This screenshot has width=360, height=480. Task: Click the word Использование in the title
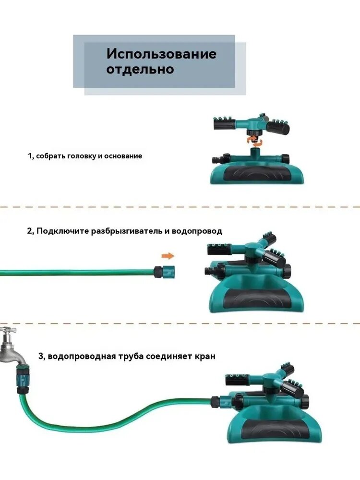tap(161, 54)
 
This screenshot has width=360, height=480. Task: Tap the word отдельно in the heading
tap(140, 69)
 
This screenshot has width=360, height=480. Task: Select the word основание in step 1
tap(123, 156)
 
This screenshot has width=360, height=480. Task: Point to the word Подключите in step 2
tap(63, 231)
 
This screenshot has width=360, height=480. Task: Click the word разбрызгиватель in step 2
tap(127, 231)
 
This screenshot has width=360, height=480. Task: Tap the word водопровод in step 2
tap(197, 231)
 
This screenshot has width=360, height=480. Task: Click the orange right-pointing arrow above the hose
tap(168, 256)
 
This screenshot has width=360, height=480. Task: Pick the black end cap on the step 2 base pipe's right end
tap(287, 271)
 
